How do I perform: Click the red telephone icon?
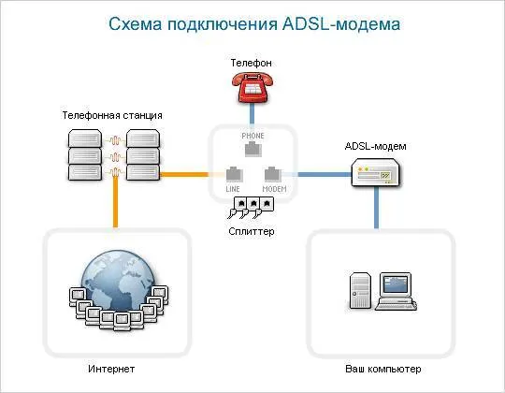click(251, 88)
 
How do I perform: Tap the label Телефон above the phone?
click(252, 62)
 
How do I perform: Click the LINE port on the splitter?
click(234, 174)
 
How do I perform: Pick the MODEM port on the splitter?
click(272, 174)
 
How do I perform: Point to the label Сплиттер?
click(252, 230)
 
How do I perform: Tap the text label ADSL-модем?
click(376, 146)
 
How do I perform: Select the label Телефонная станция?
click(112, 115)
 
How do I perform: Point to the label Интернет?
click(111, 369)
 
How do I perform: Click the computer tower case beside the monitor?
click(361, 290)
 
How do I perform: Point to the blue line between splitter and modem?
click(323, 174)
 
